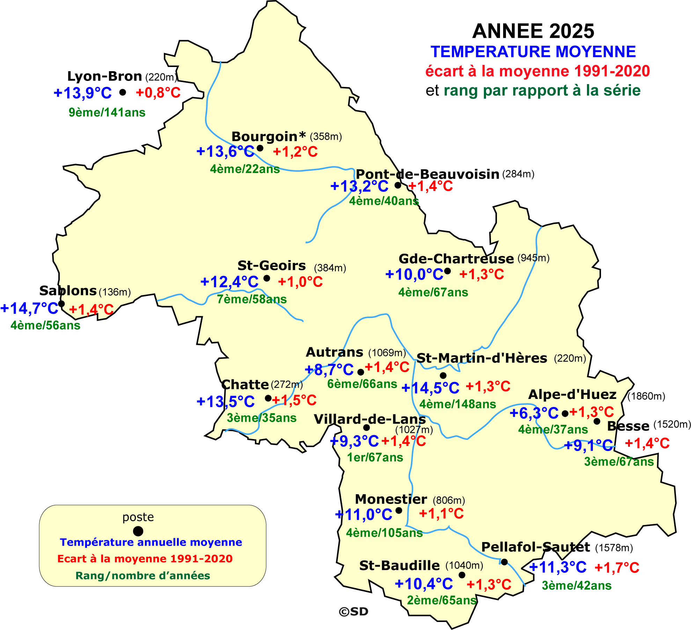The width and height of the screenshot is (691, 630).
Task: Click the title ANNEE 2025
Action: click(533, 31)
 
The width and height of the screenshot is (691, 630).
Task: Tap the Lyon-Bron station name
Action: click(104, 76)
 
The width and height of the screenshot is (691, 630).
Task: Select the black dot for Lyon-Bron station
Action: click(123, 92)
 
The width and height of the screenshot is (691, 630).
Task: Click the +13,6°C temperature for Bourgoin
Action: click(225, 152)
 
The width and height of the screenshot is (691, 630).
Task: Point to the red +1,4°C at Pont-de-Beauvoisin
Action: click(430, 186)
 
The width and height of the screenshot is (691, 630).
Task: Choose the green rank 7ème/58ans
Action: click(252, 299)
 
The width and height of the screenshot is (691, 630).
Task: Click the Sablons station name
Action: click(68, 290)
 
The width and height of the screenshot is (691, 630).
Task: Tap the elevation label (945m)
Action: click(533, 258)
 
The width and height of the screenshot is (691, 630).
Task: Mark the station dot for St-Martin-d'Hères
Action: click(443, 376)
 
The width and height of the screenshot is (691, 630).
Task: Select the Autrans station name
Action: click(335, 352)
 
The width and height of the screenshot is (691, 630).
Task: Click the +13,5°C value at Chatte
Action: click(226, 402)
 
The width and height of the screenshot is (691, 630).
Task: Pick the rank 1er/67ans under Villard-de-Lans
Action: click(375, 457)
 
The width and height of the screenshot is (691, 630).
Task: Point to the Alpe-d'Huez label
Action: click(572, 394)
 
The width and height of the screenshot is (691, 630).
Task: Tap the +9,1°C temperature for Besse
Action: click(588, 445)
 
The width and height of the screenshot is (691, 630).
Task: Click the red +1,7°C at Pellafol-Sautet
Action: click(617, 568)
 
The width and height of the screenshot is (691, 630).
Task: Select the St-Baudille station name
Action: click(399, 565)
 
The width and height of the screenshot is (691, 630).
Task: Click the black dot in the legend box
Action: click(138, 531)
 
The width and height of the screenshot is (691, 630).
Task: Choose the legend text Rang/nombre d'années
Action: click(143, 576)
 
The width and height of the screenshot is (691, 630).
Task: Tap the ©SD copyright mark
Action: click(353, 612)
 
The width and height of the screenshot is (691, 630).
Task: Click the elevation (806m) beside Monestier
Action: click(449, 501)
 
